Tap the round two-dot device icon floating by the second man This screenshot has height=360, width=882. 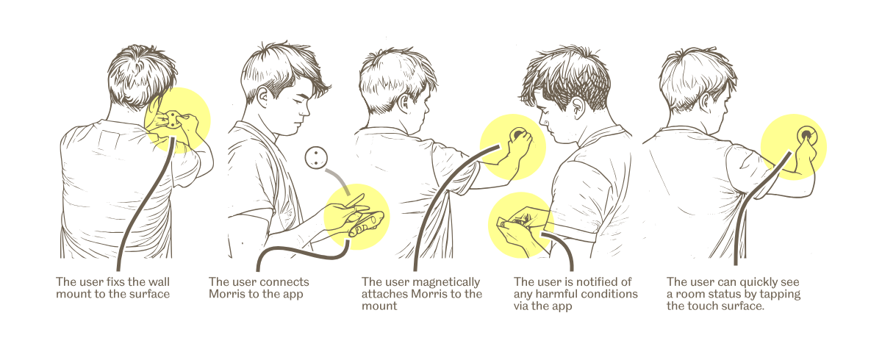(x=316, y=157)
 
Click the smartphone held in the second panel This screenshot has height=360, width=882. (x=366, y=223)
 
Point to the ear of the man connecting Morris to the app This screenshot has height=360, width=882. (x=262, y=97)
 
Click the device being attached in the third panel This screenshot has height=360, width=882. (x=517, y=135)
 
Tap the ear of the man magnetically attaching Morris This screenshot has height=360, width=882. (x=404, y=104)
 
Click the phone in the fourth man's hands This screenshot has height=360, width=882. (x=516, y=223)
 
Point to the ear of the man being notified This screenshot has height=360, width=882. (x=578, y=107)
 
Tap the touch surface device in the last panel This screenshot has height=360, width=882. (x=807, y=136)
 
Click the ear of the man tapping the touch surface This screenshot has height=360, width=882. (x=705, y=102)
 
